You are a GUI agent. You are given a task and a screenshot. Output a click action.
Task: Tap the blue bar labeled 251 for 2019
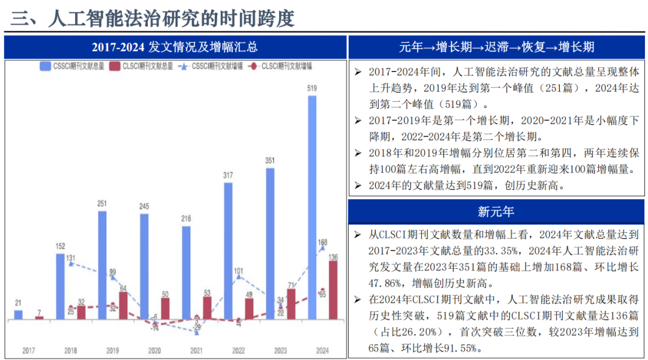pos(102,265)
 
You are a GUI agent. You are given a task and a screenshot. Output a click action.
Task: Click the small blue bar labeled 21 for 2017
pos(18,314)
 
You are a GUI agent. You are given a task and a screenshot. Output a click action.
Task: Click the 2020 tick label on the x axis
pos(154,350)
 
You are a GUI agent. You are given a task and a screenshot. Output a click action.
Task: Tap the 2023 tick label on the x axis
pos(280,350)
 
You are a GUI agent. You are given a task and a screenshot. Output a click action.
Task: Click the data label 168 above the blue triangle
pos(322,242)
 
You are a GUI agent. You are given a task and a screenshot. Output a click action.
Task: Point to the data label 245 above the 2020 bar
pos(144,207)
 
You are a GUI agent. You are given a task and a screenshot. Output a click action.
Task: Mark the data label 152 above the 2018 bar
pos(60,246)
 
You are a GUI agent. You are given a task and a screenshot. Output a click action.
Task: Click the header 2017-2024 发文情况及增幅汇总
pos(175,47)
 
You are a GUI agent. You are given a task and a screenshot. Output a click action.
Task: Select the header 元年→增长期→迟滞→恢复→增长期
pos(497,47)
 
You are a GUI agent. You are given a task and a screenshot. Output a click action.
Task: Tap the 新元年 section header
pos(497,211)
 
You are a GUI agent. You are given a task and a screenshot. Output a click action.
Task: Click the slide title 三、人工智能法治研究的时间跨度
pos(154,18)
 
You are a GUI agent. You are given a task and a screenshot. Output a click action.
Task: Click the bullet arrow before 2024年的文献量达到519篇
pos(358,186)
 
